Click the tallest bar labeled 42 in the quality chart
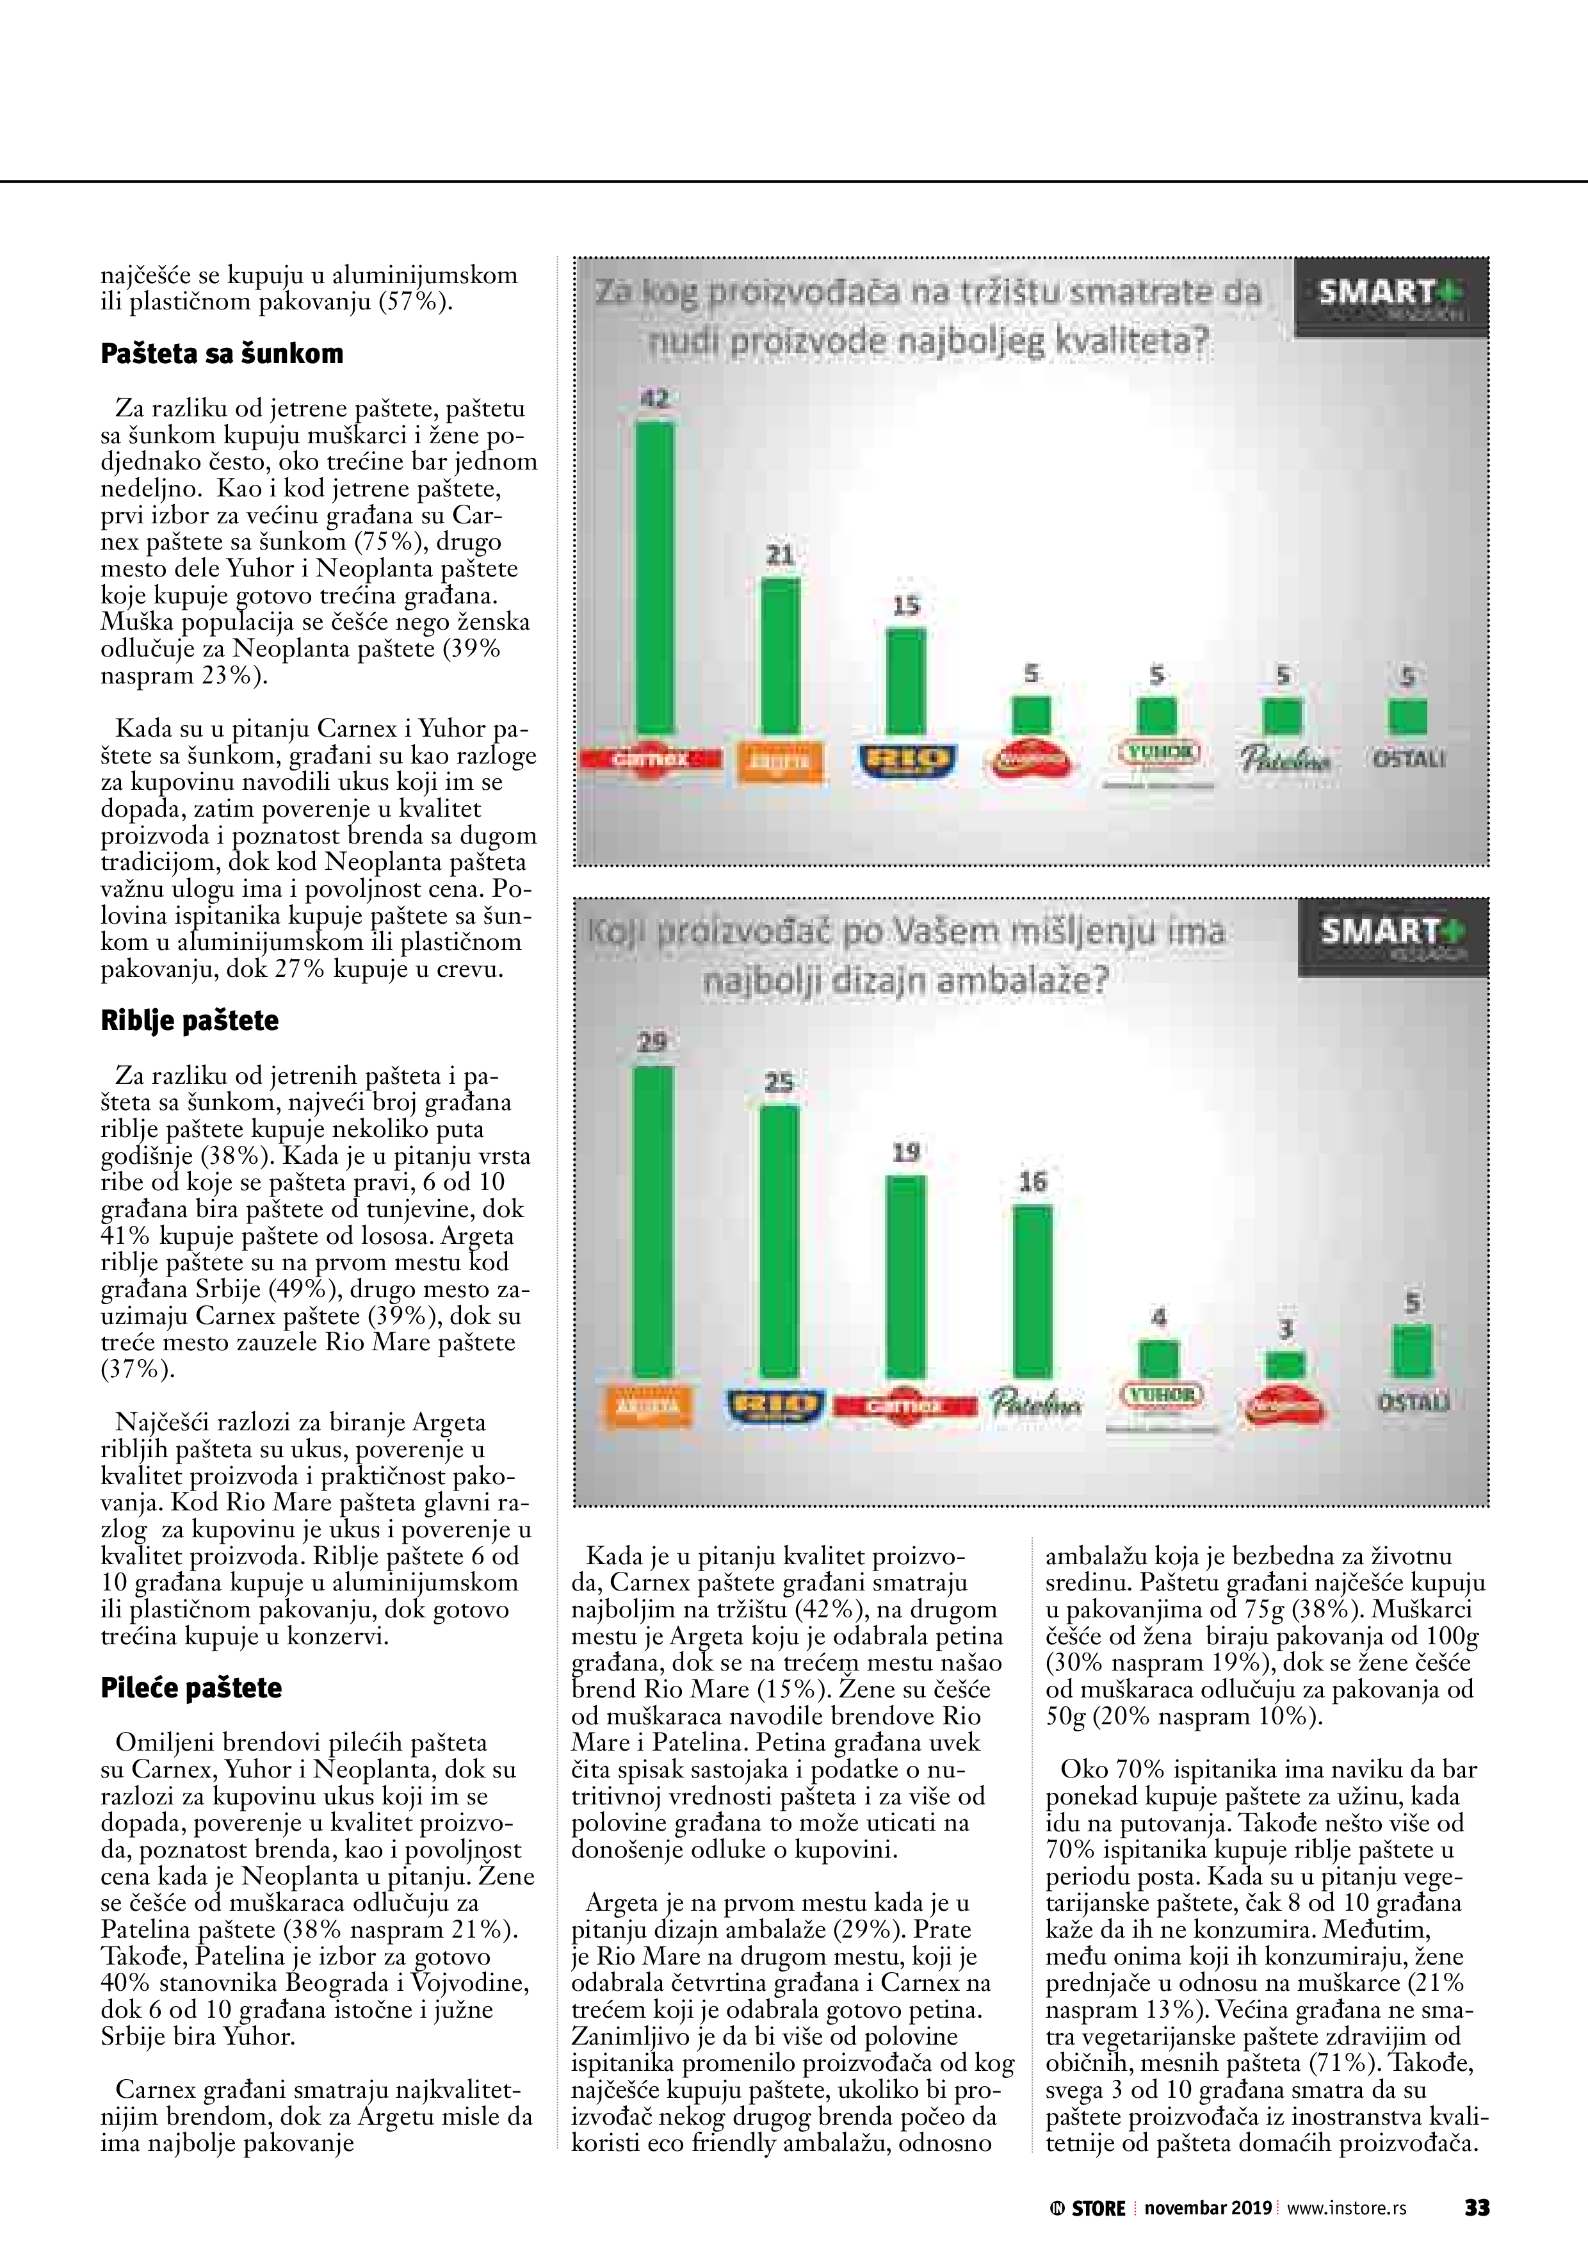(654, 577)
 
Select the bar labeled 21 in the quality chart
(780, 656)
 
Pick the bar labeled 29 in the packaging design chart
(654, 1222)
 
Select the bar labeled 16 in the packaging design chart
(1032, 1292)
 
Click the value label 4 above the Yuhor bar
(1158, 1318)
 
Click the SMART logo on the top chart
(1390, 295)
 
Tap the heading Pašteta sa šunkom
(222, 354)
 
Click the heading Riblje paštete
(190, 1021)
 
